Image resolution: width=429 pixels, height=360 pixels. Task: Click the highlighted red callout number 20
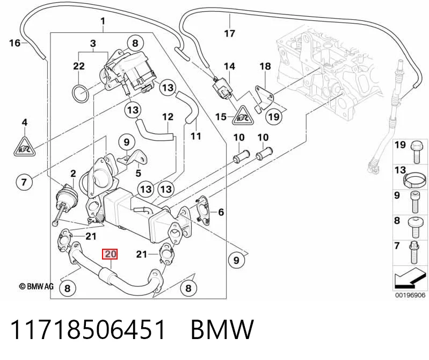(x=110, y=254)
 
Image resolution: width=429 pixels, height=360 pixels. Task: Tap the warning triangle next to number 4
(x=25, y=147)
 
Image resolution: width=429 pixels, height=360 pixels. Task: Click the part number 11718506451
(x=88, y=329)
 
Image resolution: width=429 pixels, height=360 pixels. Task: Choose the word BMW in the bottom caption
(x=222, y=329)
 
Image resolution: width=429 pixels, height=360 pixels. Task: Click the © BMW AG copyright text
(x=36, y=286)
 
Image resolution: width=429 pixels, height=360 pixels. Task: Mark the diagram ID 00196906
(x=410, y=295)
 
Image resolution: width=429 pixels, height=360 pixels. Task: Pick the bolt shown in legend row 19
(x=416, y=153)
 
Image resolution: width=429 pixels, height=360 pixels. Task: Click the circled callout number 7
(x=24, y=182)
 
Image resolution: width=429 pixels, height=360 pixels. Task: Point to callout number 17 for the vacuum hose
(x=230, y=33)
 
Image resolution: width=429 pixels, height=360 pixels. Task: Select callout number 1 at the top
(x=103, y=21)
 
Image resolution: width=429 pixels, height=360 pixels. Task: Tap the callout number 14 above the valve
(x=230, y=66)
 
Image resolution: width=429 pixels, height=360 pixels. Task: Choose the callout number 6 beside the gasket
(x=221, y=212)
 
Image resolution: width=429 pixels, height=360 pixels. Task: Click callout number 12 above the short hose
(x=168, y=117)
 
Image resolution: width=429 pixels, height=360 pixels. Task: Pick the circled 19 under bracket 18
(x=274, y=117)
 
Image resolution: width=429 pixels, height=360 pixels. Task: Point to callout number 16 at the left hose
(x=14, y=43)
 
